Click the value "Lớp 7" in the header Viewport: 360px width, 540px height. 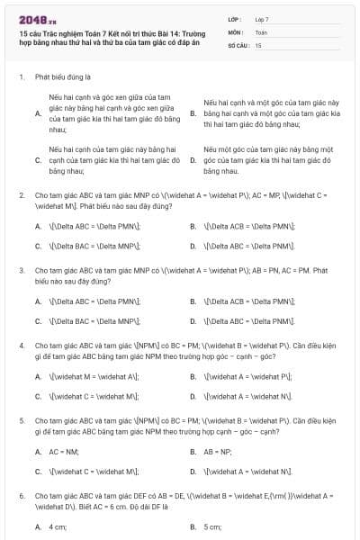coord(262,19)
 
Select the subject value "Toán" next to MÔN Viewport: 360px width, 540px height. coord(261,31)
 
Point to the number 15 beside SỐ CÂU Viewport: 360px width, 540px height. coord(258,44)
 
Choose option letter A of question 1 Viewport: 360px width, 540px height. coord(38,113)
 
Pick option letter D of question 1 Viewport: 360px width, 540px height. coord(193,159)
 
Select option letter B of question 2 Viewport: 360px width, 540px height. coord(193,226)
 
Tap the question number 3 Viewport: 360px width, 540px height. coord(21,269)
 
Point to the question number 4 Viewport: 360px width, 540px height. coord(21,345)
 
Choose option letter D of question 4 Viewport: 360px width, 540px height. coord(193,396)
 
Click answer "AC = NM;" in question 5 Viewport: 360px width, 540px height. coord(64,451)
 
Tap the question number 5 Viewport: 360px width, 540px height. coord(21,419)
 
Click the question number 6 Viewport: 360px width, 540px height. coord(21,495)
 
